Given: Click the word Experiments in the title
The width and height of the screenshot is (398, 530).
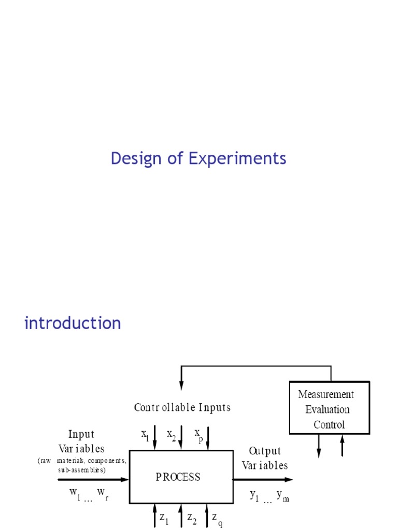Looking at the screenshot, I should pyautogui.click(x=237, y=159).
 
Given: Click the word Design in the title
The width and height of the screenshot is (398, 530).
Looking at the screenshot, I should pyautogui.click(x=132, y=159).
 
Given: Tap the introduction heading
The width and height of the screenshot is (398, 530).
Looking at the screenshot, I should pyautogui.click(x=73, y=323).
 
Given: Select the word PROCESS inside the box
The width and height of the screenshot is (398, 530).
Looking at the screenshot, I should pyautogui.click(x=178, y=477).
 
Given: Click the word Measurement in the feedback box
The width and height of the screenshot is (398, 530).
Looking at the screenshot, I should pyautogui.click(x=326, y=394).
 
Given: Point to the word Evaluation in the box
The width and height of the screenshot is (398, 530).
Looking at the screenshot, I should pyautogui.click(x=327, y=410).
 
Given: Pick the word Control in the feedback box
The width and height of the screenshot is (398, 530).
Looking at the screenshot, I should pyautogui.click(x=329, y=425).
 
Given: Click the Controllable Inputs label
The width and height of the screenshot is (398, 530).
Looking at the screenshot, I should pyautogui.click(x=182, y=407).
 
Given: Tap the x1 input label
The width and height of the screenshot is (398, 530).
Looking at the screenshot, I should pyautogui.click(x=145, y=435).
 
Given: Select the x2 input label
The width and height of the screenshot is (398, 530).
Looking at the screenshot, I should pyautogui.click(x=171, y=435).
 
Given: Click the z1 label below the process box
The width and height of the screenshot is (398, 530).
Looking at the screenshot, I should pyautogui.click(x=164, y=518).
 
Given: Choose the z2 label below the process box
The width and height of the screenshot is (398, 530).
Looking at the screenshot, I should pyautogui.click(x=191, y=518).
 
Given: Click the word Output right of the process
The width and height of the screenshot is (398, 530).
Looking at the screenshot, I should pyautogui.click(x=265, y=451).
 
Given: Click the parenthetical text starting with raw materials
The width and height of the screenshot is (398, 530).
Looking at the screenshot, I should pyautogui.click(x=81, y=465).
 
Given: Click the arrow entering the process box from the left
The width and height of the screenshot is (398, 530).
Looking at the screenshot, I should pyautogui.click(x=93, y=480).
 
